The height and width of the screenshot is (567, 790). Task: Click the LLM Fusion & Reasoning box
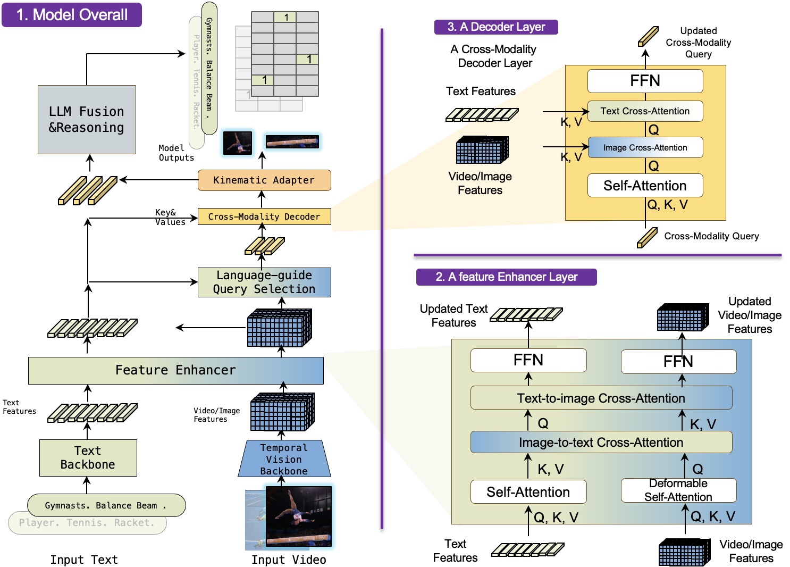pos(87,120)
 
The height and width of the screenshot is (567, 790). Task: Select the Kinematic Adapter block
pos(264,180)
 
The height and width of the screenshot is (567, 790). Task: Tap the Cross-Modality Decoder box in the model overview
pos(264,216)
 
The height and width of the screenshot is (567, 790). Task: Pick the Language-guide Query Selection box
pos(264,282)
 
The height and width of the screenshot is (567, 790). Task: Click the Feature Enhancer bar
pos(175,370)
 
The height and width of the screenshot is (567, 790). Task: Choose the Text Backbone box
pos(88,458)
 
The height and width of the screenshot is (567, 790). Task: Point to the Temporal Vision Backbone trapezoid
pos(284,459)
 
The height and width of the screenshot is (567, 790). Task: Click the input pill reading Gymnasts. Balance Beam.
pos(106,505)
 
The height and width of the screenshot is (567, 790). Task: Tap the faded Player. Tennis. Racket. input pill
pos(87,523)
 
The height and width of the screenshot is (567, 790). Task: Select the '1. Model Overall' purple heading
pos(72,15)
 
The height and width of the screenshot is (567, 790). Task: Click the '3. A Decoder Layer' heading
pos(496,27)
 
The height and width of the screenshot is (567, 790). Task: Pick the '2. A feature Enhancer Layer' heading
pos(506,277)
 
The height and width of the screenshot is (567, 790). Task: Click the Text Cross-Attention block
pos(645,111)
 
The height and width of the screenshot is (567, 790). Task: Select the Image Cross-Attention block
pos(645,148)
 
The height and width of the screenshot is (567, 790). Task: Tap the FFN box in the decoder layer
pos(645,81)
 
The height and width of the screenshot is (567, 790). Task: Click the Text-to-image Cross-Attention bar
pos(601,398)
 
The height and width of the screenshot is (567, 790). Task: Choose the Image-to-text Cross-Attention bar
pos(601,443)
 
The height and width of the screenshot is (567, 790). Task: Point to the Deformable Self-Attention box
pos(678,490)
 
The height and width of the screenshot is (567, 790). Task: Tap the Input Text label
pos(84,560)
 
